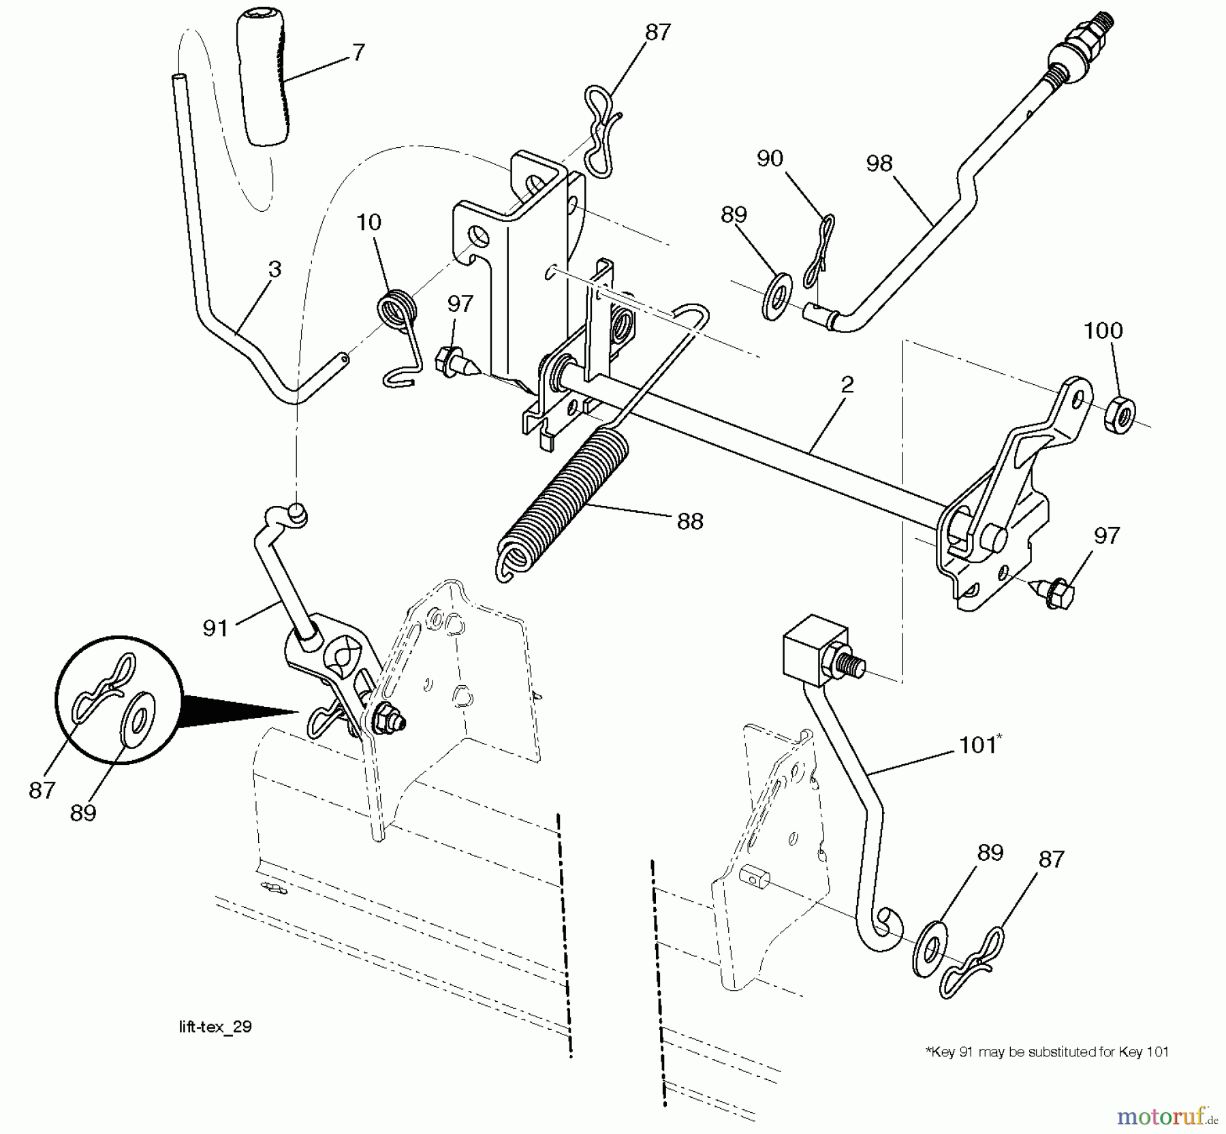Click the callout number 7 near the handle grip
point(358,52)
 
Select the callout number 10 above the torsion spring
point(368,222)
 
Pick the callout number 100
point(1103,331)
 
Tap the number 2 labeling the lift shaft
point(847,385)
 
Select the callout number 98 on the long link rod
point(879,163)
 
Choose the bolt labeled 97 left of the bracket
point(453,358)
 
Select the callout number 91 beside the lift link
point(215,627)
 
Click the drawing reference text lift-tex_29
point(215,1026)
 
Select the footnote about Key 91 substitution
point(1046,1052)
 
